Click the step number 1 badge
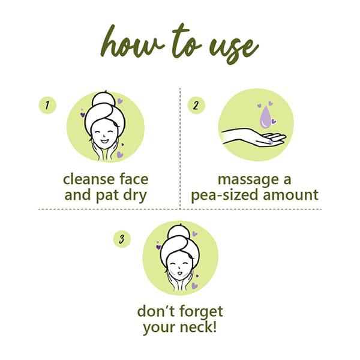pos(47,106)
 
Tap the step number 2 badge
pos(196,106)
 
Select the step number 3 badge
pos(122,239)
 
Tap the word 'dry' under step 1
pos(135,196)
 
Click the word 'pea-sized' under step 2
pos(225,196)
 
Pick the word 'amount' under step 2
pos(290,196)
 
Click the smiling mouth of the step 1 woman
pos(104,141)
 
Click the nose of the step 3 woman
pos(178,268)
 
